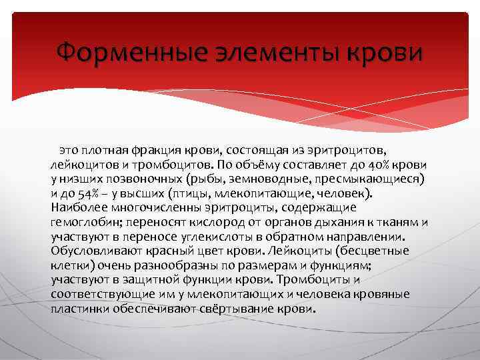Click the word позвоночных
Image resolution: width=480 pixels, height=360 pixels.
(x=151, y=179)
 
